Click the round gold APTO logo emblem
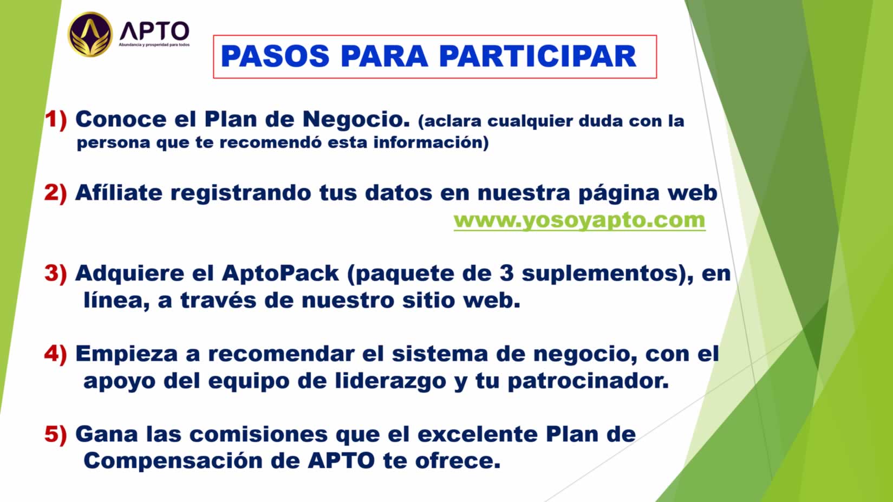coord(90,34)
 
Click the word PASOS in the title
coord(275,56)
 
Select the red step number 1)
coord(56,119)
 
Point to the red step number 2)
coord(56,193)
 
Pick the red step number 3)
coord(56,273)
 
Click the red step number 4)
coord(56,354)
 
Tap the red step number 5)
coord(56,434)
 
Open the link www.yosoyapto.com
coord(579,220)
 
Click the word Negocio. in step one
coord(356,119)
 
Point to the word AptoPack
coord(281,274)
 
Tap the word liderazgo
coord(390,381)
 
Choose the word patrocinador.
coord(588,381)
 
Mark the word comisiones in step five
coord(258,434)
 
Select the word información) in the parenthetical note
coord(431,143)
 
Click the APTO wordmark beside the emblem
coord(155,31)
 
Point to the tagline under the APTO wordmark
coord(154,45)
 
